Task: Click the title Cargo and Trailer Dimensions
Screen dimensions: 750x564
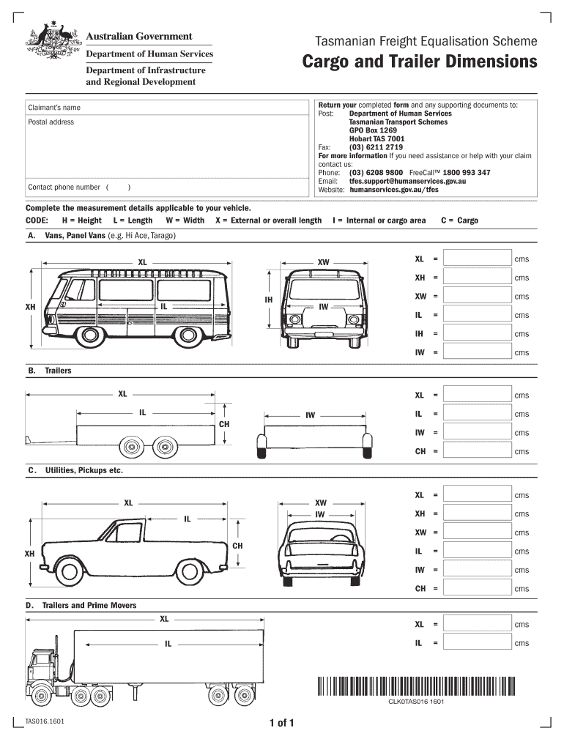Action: pyautogui.click(x=420, y=62)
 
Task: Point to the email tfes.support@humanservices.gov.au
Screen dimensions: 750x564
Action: pyautogui.click(x=407, y=181)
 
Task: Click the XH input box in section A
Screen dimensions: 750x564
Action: pyautogui.click(x=478, y=278)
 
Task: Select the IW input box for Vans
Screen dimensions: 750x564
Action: pyautogui.click(x=478, y=352)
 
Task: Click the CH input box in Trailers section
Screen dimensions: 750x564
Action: pyautogui.click(x=478, y=451)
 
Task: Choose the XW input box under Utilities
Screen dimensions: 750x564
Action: pyautogui.click(x=478, y=532)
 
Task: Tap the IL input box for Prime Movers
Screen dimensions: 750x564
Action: pyautogui.click(x=478, y=643)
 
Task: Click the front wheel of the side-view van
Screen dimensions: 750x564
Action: pyautogui.click(x=91, y=335)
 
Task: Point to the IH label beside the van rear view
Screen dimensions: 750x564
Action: pyautogui.click(x=269, y=300)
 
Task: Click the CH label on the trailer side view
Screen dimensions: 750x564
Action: pyautogui.click(x=224, y=424)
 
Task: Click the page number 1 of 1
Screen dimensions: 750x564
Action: pyautogui.click(x=281, y=724)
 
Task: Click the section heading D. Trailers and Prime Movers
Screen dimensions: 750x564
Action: pyautogui.click(x=82, y=606)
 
